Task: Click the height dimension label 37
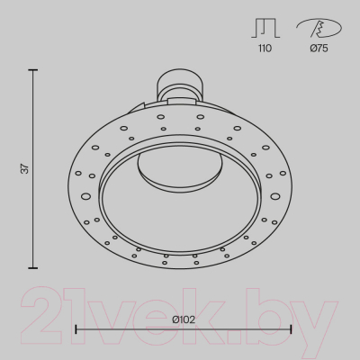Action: pyautogui.click(x=26, y=168)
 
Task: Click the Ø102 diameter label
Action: pyautogui.click(x=184, y=319)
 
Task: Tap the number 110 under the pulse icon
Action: pyautogui.click(x=265, y=48)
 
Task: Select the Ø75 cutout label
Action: pyautogui.click(x=319, y=48)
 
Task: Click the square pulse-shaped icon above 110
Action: pyautogui.click(x=265, y=28)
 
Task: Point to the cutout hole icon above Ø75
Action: pyautogui.click(x=319, y=28)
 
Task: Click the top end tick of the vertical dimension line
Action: pyautogui.click(x=33, y=70)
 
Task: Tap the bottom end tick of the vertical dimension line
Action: pyautogui.click(x=33, y=268)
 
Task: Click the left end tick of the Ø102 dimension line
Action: pyautogui.click(x=76, y=329)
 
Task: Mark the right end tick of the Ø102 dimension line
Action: pyautogui.click(x=291, y=329)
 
